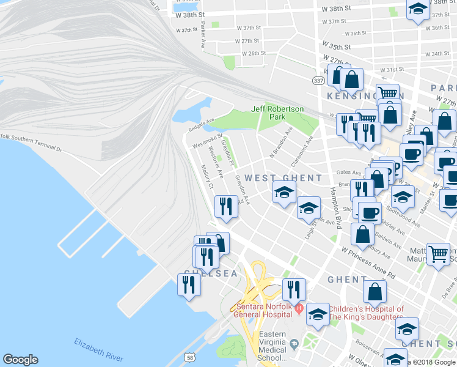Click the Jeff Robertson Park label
click(277, 113)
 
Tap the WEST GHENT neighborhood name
click(283, 178)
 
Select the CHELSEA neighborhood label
click(211, 273)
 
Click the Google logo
click(20, 360)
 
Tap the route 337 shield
click(318, 81)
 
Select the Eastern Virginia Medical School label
click(272, 346)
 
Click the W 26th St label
click(252, 53)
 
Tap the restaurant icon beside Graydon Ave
click(226, 207)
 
